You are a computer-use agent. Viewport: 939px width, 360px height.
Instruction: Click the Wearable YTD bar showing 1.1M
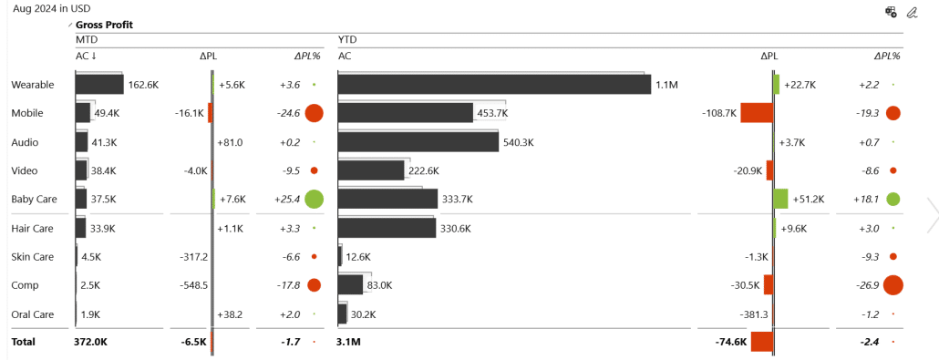493,85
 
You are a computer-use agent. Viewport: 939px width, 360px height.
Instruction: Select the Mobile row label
26,113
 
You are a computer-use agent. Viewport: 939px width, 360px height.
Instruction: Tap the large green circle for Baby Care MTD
314,199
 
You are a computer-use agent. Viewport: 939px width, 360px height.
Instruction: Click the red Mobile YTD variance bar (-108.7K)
756,113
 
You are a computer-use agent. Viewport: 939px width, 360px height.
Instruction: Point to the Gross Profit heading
104,25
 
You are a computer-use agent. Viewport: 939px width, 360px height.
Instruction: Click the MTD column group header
87,41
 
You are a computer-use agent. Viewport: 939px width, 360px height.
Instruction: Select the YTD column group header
347,41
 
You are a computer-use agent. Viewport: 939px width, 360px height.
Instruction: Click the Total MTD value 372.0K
90,342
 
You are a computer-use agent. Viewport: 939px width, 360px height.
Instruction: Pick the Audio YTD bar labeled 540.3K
418,142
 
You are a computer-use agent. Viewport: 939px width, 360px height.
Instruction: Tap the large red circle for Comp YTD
893,285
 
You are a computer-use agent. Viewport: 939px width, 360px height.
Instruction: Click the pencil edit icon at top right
912,12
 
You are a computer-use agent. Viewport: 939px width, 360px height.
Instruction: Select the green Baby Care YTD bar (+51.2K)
780,199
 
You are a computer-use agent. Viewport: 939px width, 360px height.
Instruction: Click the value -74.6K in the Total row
731,342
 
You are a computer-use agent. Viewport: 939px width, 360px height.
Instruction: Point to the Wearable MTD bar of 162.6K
98,85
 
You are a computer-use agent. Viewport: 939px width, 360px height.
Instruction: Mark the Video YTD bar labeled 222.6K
370,170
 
